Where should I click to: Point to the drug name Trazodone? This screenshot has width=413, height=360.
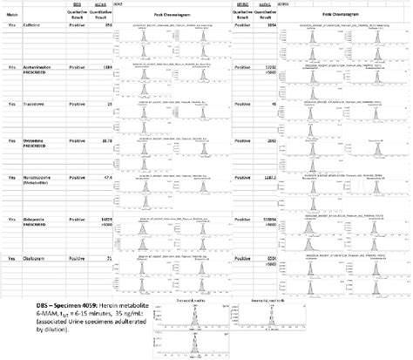pyautogui.click(x=34, y=104)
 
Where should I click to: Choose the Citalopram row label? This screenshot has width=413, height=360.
pyautogui.click(x=36, y=259)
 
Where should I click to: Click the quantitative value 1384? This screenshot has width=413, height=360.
pyautogui.click(x=108, y=65)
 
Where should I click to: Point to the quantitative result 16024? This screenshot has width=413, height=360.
pyautogui.click(x=107, y=214)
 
